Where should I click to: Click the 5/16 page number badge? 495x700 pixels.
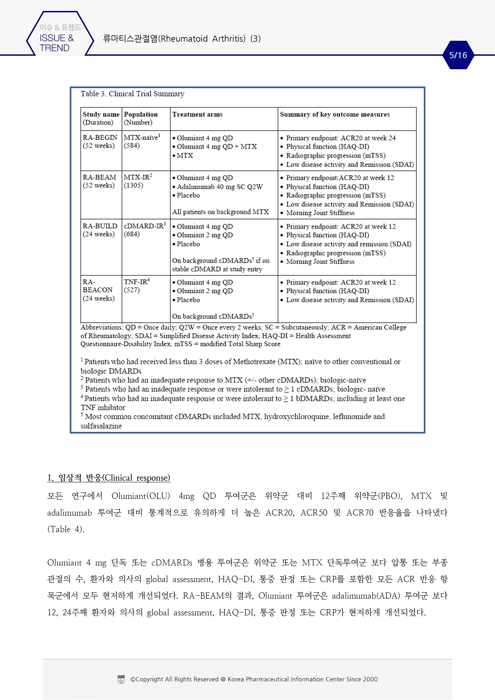[458, 55]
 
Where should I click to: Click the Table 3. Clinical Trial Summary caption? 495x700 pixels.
[132, 94]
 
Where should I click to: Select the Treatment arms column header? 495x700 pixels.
[197, 115]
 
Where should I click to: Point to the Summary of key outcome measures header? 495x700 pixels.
[335, 115]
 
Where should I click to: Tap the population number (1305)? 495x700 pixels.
[133, 185]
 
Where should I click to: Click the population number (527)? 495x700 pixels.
[132, 290]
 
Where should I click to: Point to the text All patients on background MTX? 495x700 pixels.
[220, 212]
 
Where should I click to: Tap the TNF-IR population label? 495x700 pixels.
[136, 282]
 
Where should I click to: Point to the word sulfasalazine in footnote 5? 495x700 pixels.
[101, 426]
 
